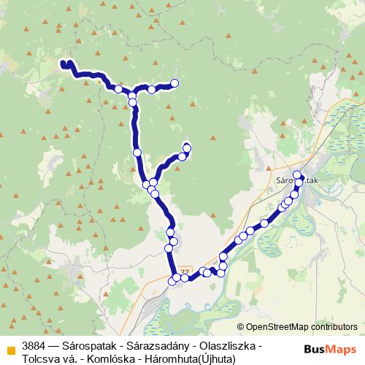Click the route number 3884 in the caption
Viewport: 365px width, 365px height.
(x=34, y=345)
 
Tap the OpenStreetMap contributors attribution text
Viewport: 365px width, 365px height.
(x=301, y=326)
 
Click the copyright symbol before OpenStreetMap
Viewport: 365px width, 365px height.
(x=240, y=326)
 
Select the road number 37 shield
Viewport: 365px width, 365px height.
(x=184, y=272)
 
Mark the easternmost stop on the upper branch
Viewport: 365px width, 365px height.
(x=174, y=83)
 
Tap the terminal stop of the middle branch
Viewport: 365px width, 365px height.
(x=186, y=148)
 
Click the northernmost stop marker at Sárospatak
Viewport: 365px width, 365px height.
(x=297, y=175)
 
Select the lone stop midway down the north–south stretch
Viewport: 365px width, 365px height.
(x=137, y=152)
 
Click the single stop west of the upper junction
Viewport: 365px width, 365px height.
(x=118, y=88)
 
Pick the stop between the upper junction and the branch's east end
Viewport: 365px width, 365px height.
(x=151, y=89)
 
